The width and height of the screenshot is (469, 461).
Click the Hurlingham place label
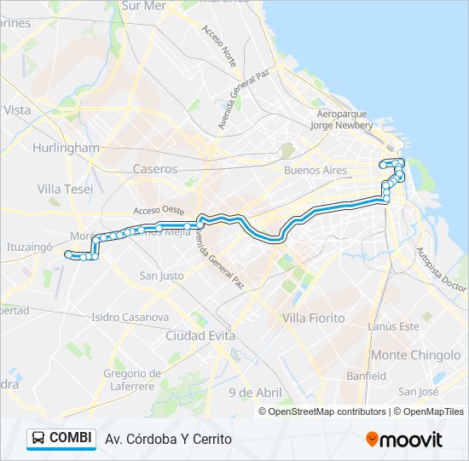pos(66,148)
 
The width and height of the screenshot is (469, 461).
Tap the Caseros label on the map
pos(155,169)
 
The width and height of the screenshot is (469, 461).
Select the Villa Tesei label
pos(66,189)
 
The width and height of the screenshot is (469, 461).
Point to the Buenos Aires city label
pos(316,171)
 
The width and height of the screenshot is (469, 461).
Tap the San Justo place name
pos(162,276)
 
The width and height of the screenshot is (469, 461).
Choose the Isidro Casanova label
pos(130,318)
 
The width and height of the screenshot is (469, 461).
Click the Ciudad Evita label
pos(200,336)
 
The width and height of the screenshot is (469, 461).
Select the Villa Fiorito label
pos(313,318)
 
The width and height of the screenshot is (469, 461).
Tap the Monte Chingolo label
pos(416,355)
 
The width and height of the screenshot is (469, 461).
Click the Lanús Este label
pos(393,326)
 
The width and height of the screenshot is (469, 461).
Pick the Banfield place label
pos(366,376)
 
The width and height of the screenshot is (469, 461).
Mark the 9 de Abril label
pos(255,392)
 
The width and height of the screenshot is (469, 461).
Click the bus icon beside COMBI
pos(38,439)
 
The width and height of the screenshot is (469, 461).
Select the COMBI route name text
pos(71,438)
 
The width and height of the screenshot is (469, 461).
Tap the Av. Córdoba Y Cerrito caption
pos(168,439)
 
